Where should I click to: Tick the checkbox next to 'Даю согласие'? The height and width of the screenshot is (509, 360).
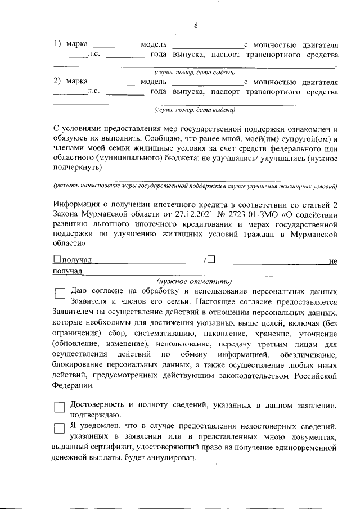click(x=60, y=292)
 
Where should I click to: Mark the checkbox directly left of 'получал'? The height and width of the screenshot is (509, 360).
click(x=57, y=259)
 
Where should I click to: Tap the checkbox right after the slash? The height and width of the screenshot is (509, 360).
click(x=210, y=259)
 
